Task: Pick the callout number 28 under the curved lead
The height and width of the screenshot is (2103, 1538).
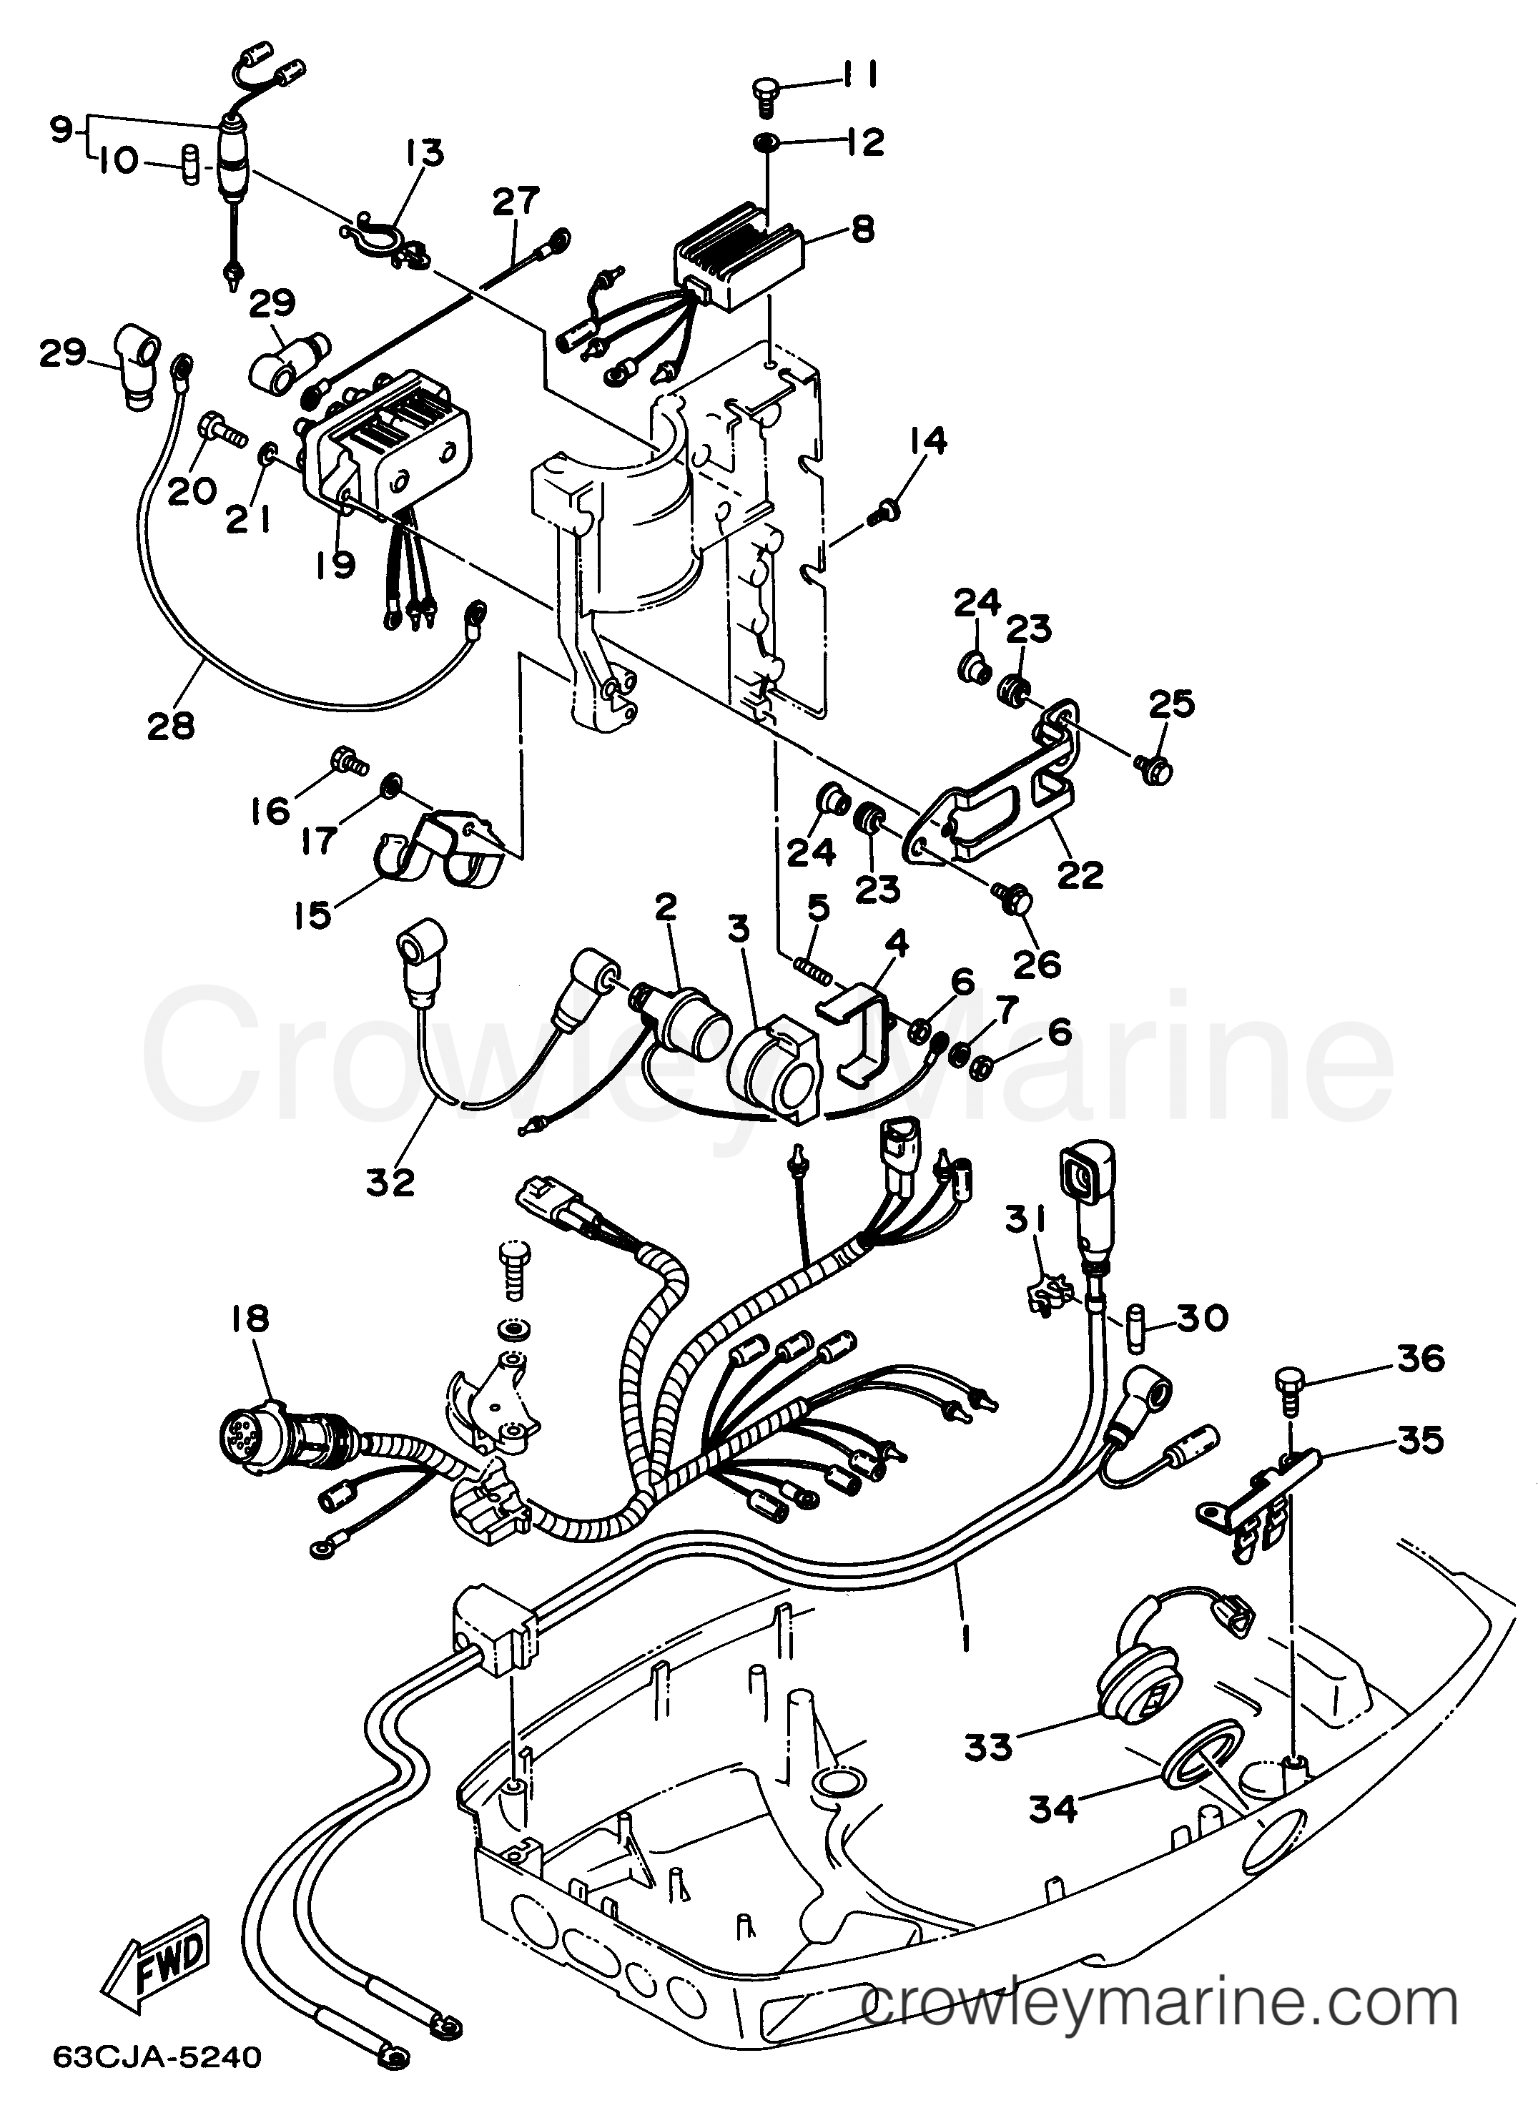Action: click(x=172, y=724)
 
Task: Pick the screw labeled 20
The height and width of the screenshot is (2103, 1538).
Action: click(x=218, y=429)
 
